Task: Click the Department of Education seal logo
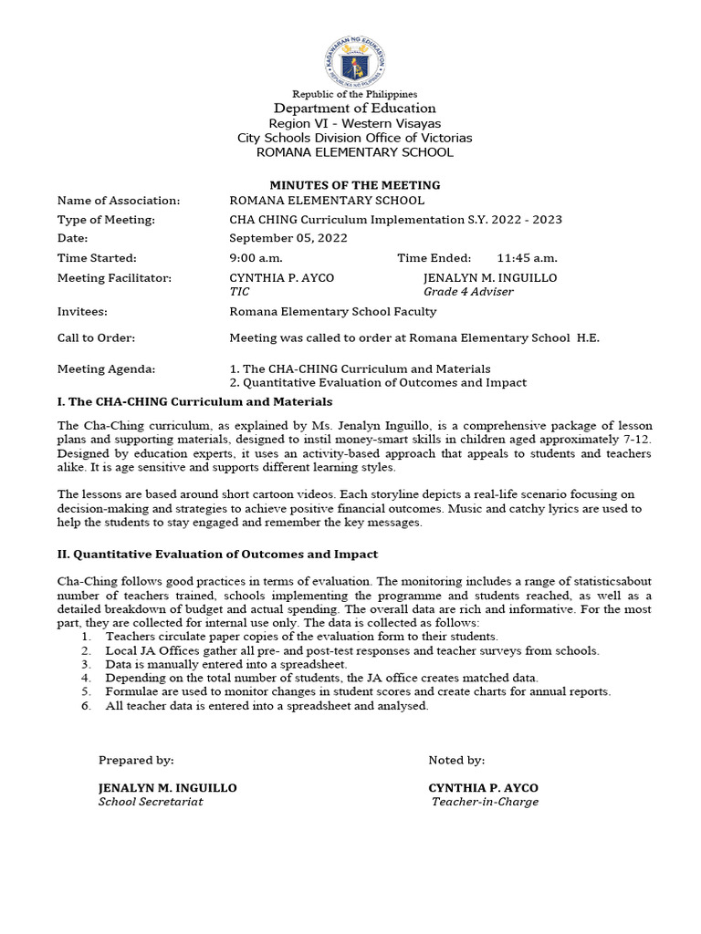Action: coord(354,58)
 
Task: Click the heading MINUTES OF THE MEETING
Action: coord(354,185)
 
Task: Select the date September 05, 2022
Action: coord(288,238)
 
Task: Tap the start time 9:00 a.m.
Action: coord(256,258)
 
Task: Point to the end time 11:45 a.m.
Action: coord(527,258)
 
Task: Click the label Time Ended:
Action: coord(434,258)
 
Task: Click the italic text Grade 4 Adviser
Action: coord(468,292)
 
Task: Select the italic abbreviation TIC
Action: coord(239,292)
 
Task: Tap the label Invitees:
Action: coord(82,311)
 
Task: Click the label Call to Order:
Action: coord(96,338)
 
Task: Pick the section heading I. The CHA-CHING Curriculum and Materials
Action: coord(194,401)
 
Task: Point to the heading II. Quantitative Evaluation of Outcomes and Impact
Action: coord(217,554)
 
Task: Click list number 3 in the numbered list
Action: coord(86,664)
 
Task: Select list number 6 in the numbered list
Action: coord(86,705)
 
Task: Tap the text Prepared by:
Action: coord(135,760)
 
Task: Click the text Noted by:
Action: coord(456,760)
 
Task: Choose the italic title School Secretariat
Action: coord(151,802)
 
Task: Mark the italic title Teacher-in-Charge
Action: coord(485,802)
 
